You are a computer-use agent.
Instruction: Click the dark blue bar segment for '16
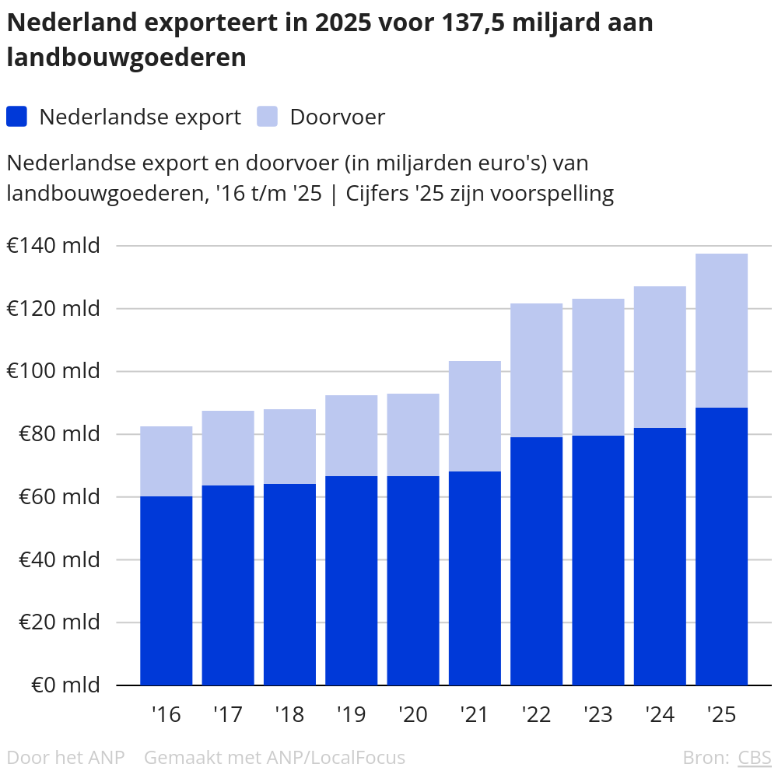pyautogui.click(x=166, y=591)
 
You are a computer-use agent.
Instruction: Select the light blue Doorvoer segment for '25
pyautogui.click(x=721, y=331)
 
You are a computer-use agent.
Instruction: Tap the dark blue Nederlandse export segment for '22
pyautogui.click(x=536, y=560)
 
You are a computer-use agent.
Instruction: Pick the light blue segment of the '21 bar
pyautogui.click(x=475, y=416)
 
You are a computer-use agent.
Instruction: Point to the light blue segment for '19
pyautogui.click(x=351, y=436)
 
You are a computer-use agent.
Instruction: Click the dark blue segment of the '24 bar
pyautogui.click(x=660, y=556)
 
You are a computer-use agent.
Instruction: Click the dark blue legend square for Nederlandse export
pyautogui.click(x=16, y=117)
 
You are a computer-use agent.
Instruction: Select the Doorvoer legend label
pyautogui.click(x=337, y=117)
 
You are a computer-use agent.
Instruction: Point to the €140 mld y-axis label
pyautogui.click(x=54, y=246)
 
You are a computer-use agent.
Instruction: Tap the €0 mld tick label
pyautogui.click(x=65, y=685)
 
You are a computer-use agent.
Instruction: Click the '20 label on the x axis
pyautogui.click(x=413, y=714)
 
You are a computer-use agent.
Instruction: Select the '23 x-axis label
pyautogui.click(x=598, y=714)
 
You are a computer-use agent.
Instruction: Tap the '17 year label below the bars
pyautogui.click(x=228, y=714)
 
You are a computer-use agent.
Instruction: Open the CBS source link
pyautogui.click(x=754, y=757)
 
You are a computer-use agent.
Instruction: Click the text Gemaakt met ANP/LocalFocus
pyautogui.click(x=275, y=757)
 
